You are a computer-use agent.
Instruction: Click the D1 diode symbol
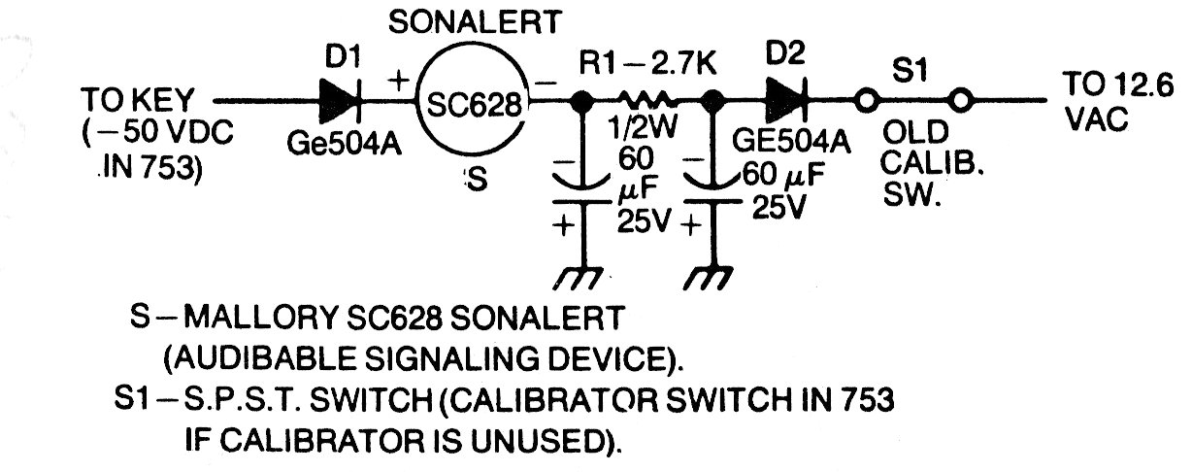click(x=340, y=101)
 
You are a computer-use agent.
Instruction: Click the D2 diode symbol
click(x=786, y=101)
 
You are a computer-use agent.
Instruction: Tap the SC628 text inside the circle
click(x=473, y=105)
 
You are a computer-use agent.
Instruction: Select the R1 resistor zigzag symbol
click(x=647, y=99)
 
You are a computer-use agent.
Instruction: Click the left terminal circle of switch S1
click(x=866, y=100)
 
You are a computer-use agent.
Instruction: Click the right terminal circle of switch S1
click(x=961, y=100)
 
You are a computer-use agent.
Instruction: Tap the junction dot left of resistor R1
click(x=581, y=101)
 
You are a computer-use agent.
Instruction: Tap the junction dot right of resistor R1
click(x=712, y=101)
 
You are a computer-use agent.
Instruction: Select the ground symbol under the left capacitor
click(x=578, y=279)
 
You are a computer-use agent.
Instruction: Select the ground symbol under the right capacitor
click(x=709, y=279)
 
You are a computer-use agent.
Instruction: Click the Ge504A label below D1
click(x=344, y=144)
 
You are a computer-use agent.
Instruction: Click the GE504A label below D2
click(x=791, y=141)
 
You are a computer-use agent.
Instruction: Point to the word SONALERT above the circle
click(x=475, y=22)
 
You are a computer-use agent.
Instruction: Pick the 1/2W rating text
click(x=643, y=127)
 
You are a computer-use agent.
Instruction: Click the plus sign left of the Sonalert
click(x=398, y=82)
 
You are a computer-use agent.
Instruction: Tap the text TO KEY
click(x=137, y=100)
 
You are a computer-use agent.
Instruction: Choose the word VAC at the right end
click(x=1097, y=118)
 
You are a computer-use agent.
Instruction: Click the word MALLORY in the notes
click(x=260, y=319)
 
